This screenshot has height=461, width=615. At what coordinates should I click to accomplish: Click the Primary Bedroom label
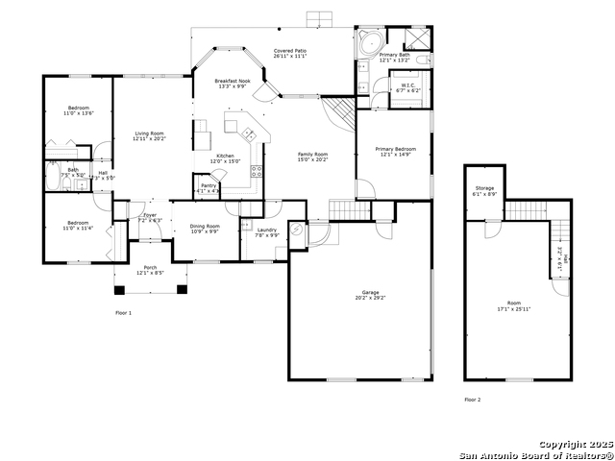(395, 150)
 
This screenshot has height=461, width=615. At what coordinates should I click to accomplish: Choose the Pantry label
(208, 185)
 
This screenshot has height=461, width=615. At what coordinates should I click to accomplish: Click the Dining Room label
(205, 228)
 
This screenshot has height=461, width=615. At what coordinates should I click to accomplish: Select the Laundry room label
(267, 231)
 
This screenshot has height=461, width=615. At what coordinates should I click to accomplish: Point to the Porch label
(150, 270)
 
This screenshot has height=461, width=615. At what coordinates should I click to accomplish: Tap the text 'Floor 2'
(473, 399)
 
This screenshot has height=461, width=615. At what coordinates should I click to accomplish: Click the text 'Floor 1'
(123, 313)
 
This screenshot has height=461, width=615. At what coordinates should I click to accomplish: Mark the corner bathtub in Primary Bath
(366, 42)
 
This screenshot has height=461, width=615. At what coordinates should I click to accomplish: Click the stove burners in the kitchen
(257, 171)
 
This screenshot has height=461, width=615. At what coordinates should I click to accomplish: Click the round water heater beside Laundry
(297, 230)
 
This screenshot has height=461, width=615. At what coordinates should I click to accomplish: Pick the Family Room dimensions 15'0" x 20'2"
(312, 159)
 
